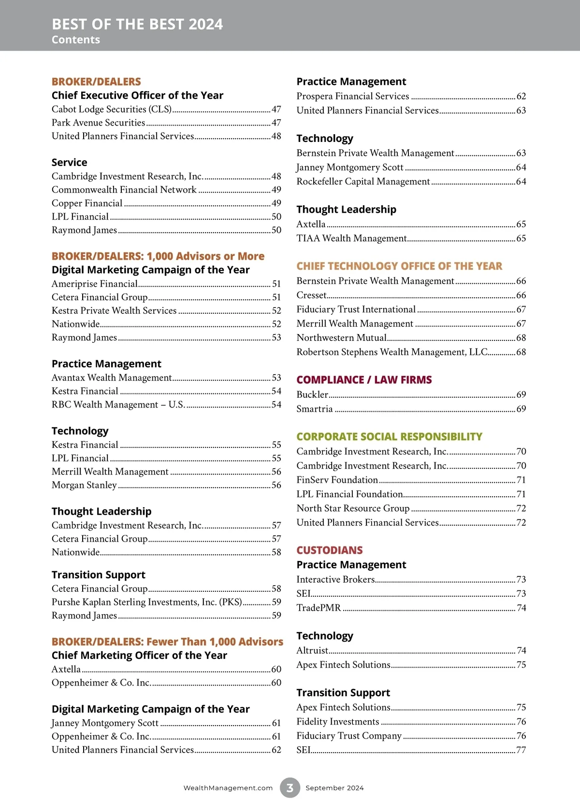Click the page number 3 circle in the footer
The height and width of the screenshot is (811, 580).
click(x=290, y=788)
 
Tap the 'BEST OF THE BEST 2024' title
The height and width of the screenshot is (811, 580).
click(x=137, y=24)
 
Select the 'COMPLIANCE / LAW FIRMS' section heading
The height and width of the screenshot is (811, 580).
click(x=364, y=380)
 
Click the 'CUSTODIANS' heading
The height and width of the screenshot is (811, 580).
click(x=329, y=550)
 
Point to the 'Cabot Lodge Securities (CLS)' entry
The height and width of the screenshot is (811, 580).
click(x=112, y=109)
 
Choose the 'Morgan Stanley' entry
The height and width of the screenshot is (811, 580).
click(x=84, y=485)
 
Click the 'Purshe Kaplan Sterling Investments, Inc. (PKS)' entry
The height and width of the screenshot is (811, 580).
click(x=147, y=602)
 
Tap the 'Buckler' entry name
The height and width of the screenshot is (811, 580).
click(x=312, y=394)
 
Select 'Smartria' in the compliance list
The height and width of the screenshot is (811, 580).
click(x=315, y=409)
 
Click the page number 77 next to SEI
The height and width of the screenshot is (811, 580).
click(x=521, y=750)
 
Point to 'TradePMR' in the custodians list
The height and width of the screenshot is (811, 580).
click(x=319, y=608)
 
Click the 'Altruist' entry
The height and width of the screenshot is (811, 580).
click(x=312, y=650)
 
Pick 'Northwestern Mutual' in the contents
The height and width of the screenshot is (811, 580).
click(x=342, y=337)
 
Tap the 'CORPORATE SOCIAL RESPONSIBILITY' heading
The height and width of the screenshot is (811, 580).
click(x=389, y=437)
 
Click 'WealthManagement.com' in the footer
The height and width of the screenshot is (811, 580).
click(x=228, y=788)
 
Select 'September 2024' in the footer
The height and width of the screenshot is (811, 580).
click(x=334, y=788)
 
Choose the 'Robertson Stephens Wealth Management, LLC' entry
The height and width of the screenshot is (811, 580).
click(x=392, y=352)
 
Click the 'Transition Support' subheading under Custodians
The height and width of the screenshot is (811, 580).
click(x=343, y=693)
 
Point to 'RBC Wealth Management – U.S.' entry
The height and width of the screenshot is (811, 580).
click(x=118, y=405)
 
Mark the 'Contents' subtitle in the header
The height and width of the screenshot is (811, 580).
click(x=76, y=40)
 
